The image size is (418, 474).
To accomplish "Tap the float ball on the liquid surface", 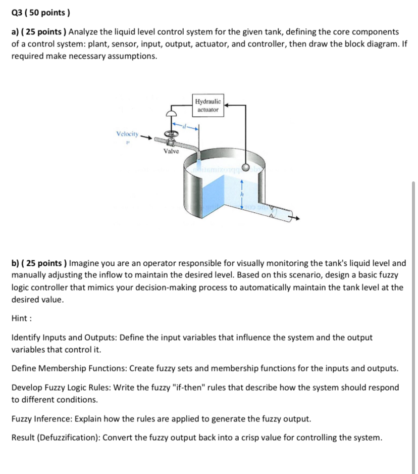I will pyautogui.click(x=246, y=168).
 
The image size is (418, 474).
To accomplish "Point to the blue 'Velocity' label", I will pyautogui.click(x=126, y=133).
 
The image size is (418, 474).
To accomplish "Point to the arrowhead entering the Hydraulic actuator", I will pyautogui.click(x=225, y=106).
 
